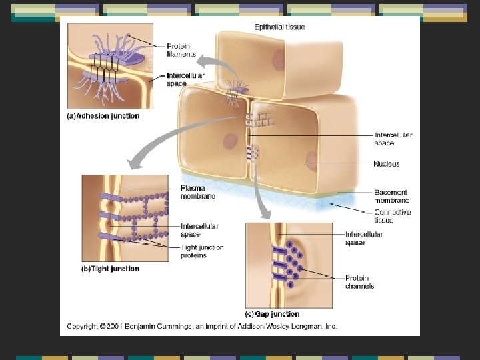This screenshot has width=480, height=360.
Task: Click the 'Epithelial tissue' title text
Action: (281, 27)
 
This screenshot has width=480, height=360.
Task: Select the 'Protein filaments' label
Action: (181, 50)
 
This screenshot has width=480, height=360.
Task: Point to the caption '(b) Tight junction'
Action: (110, 269)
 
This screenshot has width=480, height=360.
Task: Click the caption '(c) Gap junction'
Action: (273, 314)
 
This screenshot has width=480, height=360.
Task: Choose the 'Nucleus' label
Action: (387, 164)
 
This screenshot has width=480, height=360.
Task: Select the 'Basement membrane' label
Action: (391, 196)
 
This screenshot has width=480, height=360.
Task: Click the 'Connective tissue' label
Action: (392, 216)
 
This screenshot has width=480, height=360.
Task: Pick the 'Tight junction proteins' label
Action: (202, 251)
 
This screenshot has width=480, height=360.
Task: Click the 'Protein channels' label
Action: (359, 282)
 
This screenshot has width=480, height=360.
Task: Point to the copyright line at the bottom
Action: (202, 327)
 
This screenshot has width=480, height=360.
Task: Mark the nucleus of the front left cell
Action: (231, 141)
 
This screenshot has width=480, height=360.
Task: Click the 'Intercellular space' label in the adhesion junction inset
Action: (185, 80)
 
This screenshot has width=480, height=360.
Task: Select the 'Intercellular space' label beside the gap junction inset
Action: (364, 238)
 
